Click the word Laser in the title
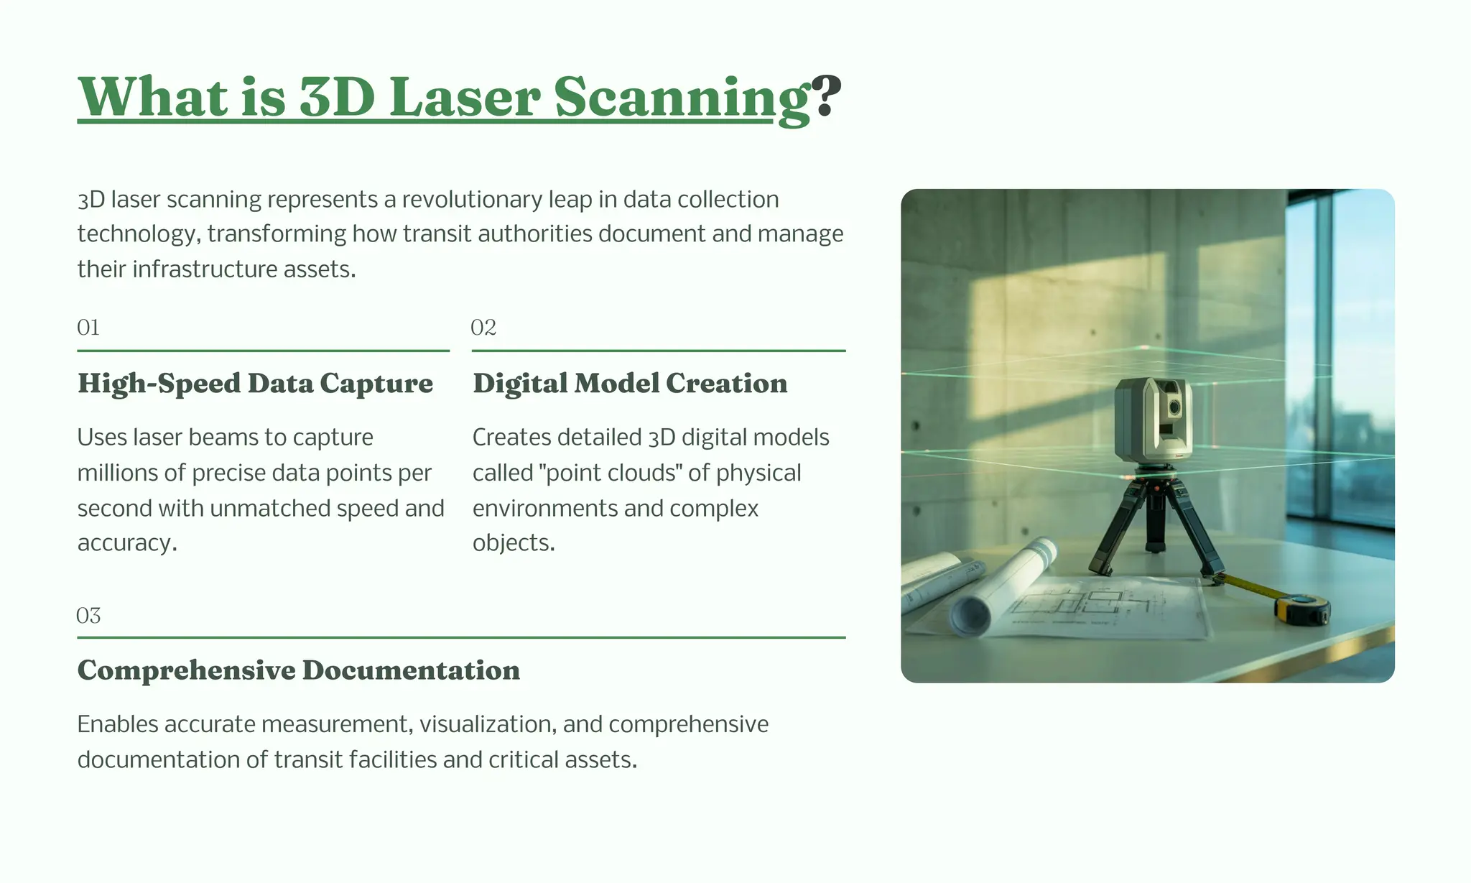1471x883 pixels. (x=465, y=98)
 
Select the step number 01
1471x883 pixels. (x=88, y=328)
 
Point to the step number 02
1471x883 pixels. (x=483, y=328)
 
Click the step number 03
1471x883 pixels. (x=88, y=616)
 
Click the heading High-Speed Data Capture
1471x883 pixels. (x=255, y=384)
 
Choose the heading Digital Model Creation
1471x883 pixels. (x=630, y=384)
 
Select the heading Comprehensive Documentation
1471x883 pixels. (x=298, y=670)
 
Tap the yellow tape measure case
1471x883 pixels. (x=1301, y=610)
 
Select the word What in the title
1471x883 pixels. (x=153, y=98)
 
